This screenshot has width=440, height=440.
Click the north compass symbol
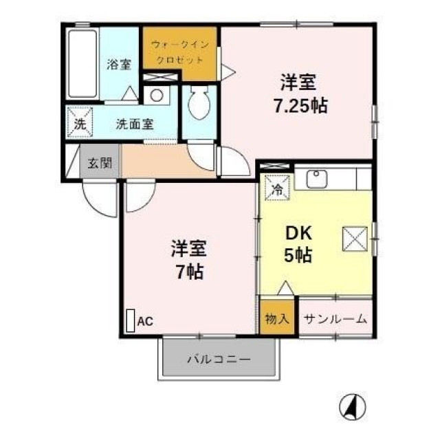(x=353, y=406)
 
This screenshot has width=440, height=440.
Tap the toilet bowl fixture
(x=199, y=102)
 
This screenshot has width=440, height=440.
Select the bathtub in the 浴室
(x=82, y=64)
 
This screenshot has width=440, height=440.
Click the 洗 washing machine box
(x=80, y=122)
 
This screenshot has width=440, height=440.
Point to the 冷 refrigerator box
(x=277, y=188)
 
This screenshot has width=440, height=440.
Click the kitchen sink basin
(x=316, y=179)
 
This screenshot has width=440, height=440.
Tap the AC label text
(x=145, y=321)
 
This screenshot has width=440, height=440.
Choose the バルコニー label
(x=219, y=359)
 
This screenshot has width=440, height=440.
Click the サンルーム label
(x=335, y=319)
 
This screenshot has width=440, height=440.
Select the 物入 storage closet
(x=277, y=318)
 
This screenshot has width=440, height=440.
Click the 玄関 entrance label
(x=100, y=163)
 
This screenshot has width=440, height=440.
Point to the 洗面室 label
(x=135, y=124)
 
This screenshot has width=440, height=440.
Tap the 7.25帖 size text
(x=300, y=106)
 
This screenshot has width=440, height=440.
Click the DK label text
(x=298, y=233)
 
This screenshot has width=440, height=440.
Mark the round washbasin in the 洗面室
(x=157, y=95)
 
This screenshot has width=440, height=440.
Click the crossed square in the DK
(x=355, y=239)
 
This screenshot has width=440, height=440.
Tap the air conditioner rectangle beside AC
(x=131, y=321)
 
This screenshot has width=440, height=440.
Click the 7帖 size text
(x=190, y=272)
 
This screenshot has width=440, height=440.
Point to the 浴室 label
(x=119, y=64)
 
